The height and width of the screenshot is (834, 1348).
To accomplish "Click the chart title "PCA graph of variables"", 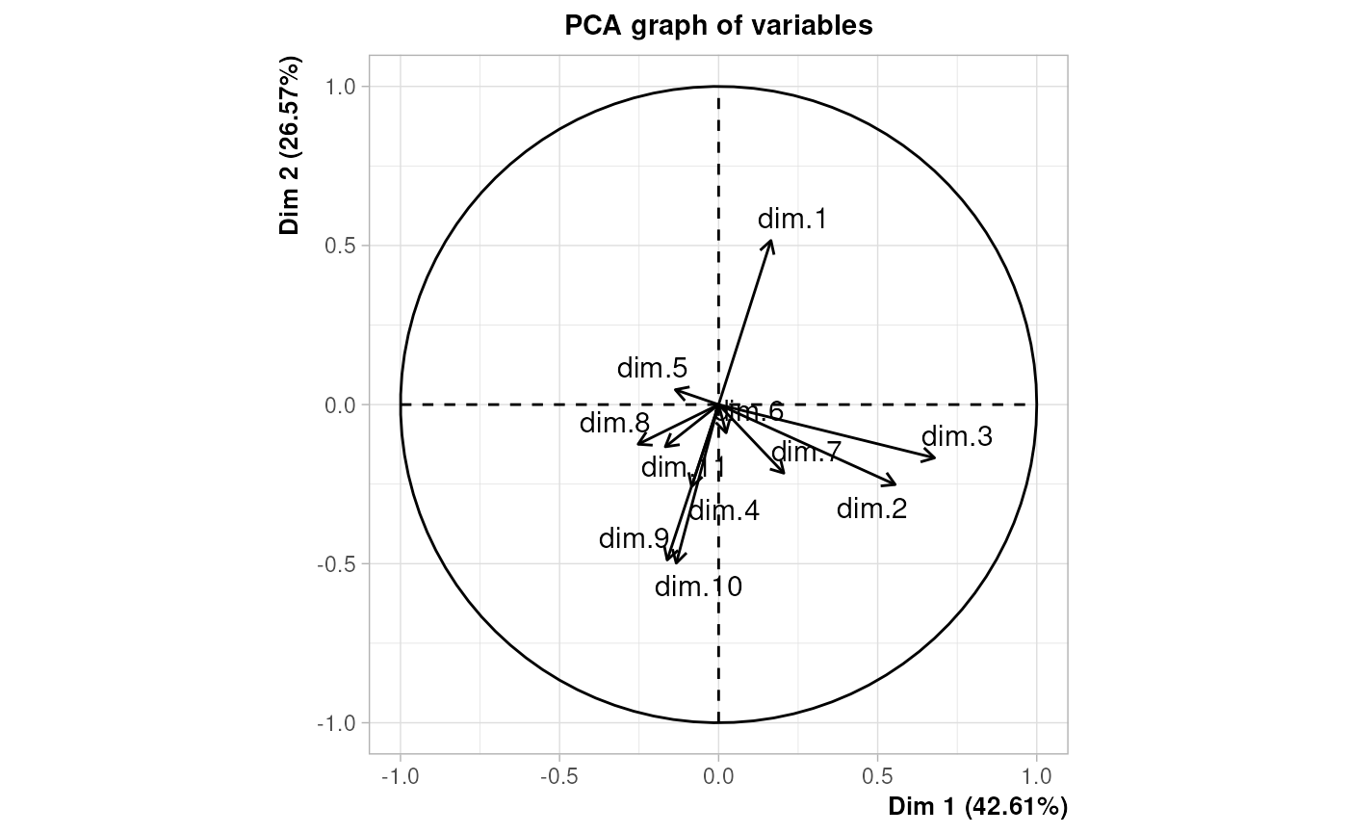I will (x=718, y=26).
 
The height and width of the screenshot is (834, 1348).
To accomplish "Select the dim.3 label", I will (x=957, y=437).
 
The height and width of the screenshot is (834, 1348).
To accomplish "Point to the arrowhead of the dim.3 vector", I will (x=934, y=456).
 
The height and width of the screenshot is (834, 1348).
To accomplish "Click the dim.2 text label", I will (x=871, y=508).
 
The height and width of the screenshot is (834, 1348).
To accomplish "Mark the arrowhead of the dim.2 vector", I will (x=895, y=484).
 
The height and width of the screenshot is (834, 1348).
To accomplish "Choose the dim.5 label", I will (x=652, y=368).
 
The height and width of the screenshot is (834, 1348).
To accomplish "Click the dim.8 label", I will (x=614, y=424).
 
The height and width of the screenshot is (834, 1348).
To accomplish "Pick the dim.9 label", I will (x=634, y=538).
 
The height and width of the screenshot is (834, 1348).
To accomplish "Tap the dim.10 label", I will (x=698, y=586).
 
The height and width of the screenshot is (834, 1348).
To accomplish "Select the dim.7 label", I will (x=807, y=452).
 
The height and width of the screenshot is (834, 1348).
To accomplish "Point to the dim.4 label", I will (x=724, y=510).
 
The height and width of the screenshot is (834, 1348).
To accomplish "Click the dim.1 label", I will (x=792, y=220).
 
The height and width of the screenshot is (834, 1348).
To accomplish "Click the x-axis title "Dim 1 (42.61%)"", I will (x=977, y=806).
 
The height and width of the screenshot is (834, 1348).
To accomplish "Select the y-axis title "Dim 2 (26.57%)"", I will (x=290, y=145).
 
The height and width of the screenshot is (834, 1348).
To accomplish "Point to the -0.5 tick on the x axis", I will (x=559, y=774).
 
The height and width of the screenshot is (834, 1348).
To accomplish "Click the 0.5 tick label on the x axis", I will (x=877, y=774).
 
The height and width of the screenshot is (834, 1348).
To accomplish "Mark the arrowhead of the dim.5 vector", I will (x=675, y=389).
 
